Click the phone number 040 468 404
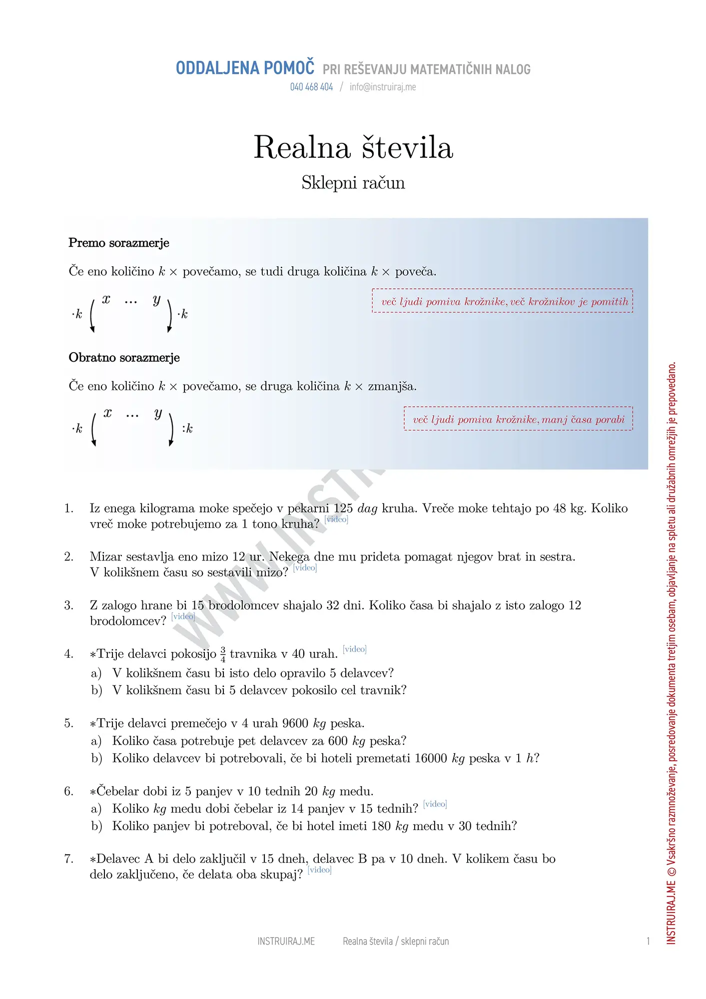(311, 87)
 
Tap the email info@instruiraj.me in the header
(383, 87)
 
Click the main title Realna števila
(353, 147)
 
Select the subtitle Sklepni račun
(353, 183)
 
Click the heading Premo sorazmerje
(119, 243)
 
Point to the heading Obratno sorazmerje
(124, 358)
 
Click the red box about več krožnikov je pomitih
(502, 301)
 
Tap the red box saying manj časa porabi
(518, 419)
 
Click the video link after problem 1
(336, 519)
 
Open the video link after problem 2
(305, 568)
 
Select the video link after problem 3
(183, 616)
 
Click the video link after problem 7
(319, 870)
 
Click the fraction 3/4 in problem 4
(223, 654)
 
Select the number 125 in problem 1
(343, 508)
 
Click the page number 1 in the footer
(648, 941)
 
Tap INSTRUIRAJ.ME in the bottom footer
(286, 941)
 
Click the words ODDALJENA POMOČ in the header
(245, 68)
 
